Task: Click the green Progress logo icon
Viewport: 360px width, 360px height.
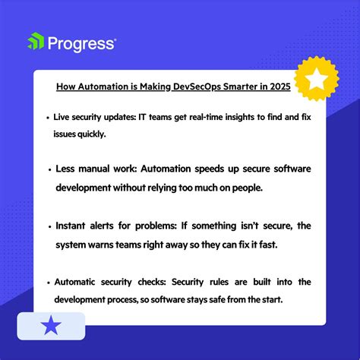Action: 35,43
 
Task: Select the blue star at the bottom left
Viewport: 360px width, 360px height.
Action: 51,327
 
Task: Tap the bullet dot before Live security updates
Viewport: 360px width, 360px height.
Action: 47,118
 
